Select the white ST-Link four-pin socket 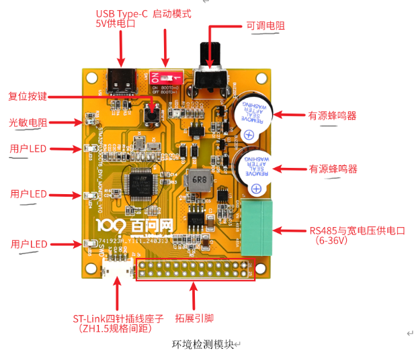tap(116, 269)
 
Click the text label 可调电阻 tap(265, 26)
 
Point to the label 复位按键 tap(28, 96)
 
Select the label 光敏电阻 tap(28, 123)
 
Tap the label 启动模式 tap(172, 13)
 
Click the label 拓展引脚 tap(194, 318)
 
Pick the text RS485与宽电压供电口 tap(357, 230)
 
